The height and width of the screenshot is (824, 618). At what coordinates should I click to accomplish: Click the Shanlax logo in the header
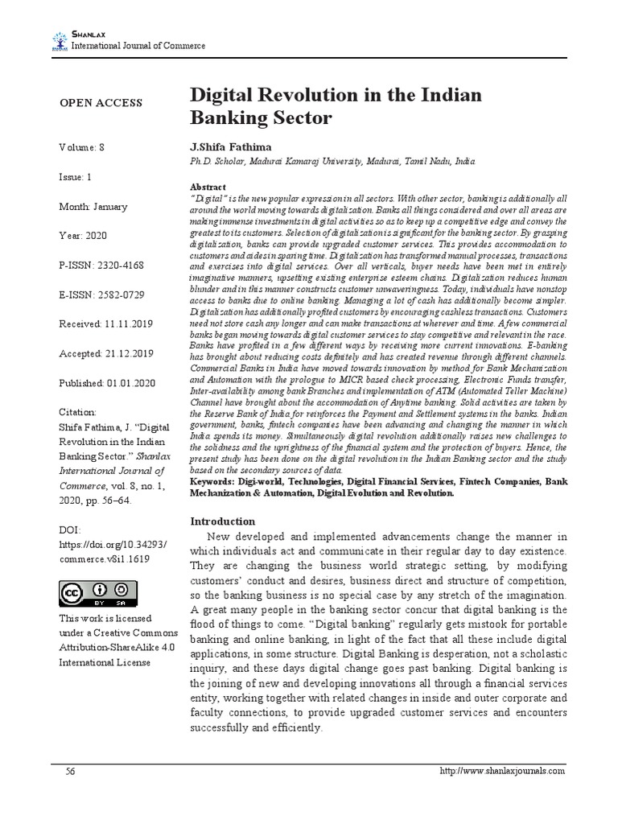point(60,40)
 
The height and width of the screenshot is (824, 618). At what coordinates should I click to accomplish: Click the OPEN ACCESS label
point(101,103)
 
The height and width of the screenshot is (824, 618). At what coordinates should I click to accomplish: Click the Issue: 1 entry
point(76,177)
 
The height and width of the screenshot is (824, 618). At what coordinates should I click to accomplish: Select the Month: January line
point(93,207)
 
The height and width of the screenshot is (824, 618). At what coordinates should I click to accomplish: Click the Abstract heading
point(208,184)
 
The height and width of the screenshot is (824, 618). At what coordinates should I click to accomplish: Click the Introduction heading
point(221,521)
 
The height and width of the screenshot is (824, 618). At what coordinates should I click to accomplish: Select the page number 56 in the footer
point(71,771)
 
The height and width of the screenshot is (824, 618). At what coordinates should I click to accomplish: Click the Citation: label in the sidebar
point(78,411)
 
